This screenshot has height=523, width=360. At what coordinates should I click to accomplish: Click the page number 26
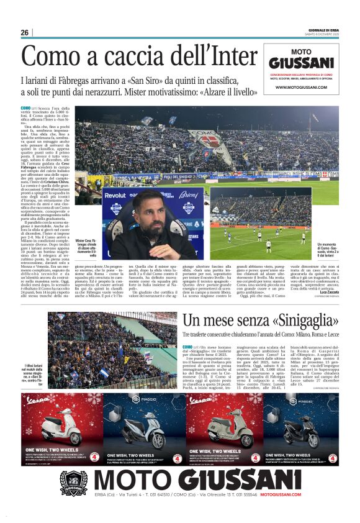point(24,32)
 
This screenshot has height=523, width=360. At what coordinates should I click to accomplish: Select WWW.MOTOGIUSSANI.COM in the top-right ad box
point(300,88)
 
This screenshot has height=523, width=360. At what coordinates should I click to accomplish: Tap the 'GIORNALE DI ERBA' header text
point(324,30)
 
